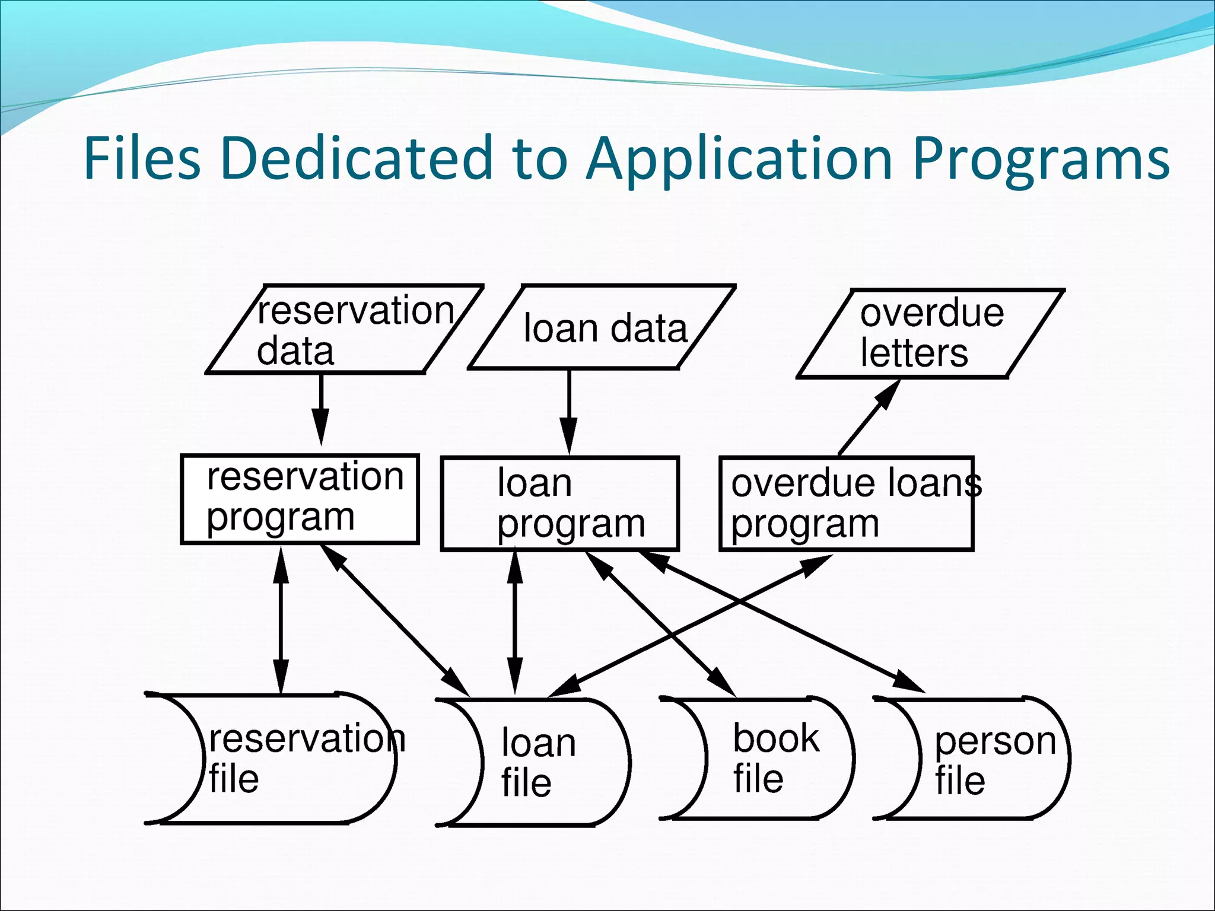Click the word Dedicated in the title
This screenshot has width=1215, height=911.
[356, 158]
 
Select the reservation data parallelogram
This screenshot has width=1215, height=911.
[344, 330]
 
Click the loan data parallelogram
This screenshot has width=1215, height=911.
[602, 328]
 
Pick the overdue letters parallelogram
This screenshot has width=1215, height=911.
[930, 333]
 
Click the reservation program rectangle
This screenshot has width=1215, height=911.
[300, 499]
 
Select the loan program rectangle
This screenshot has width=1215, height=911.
[559, 504]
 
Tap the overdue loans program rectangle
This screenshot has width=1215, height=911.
[846, 504]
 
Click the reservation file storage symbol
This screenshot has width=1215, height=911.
[279, 759]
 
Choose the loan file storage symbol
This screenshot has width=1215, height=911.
[540, 763]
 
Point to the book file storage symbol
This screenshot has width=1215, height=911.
[765, 758]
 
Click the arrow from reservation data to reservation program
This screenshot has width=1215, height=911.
[321, 409]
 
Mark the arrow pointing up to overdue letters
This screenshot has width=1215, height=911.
[869, 418]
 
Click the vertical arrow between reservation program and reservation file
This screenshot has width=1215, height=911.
[281, 620]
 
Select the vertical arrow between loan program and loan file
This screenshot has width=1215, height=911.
[515, 623]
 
